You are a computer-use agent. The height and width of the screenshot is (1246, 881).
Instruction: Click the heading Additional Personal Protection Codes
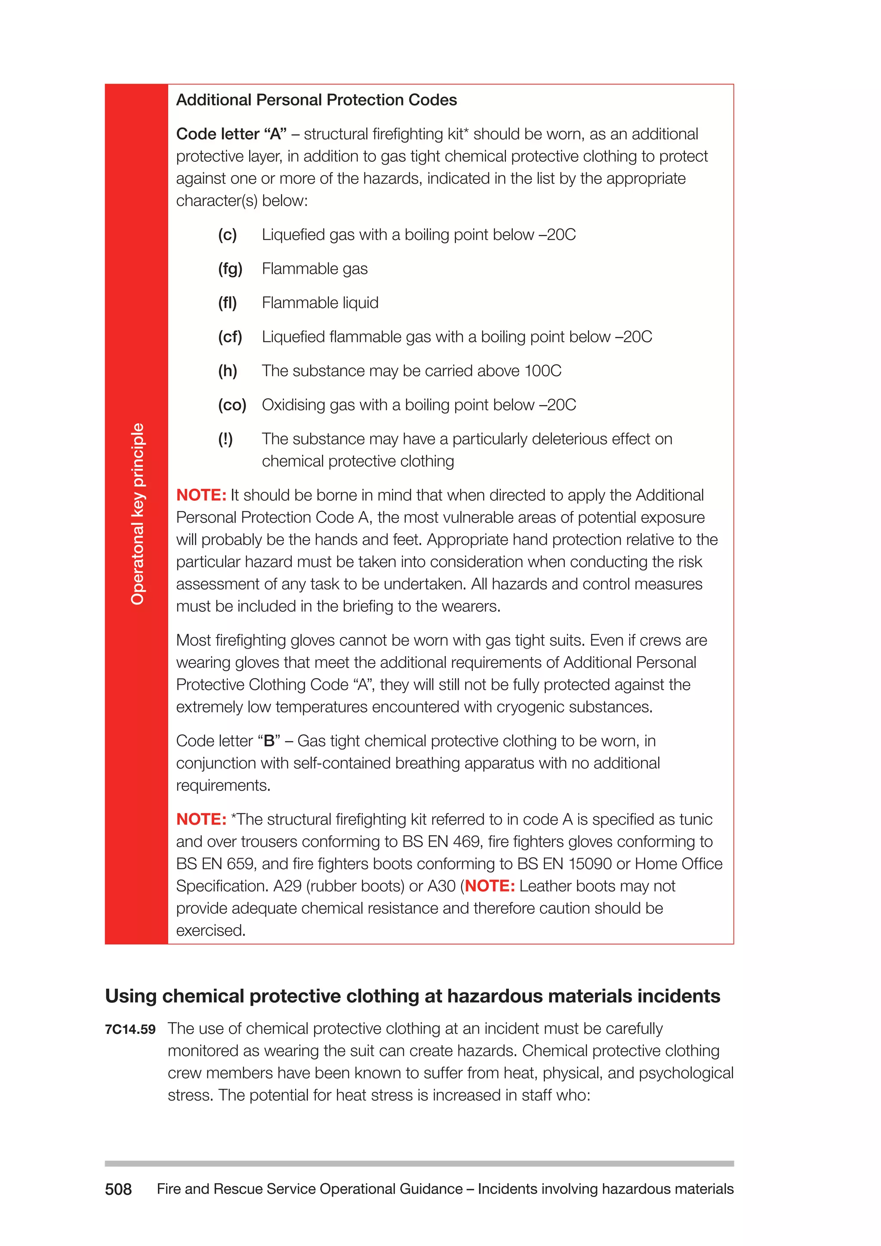click(316, 100)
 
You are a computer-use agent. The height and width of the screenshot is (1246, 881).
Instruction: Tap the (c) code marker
click(227, 235)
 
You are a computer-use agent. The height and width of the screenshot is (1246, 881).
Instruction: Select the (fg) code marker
click(230, 269)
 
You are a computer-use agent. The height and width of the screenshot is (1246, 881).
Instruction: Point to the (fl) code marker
click(227, 303)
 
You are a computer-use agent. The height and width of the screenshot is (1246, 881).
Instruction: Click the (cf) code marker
click(230, 337)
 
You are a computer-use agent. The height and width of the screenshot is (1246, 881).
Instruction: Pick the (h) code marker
click(227, 371)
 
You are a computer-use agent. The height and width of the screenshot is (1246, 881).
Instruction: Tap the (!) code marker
click(225, 439)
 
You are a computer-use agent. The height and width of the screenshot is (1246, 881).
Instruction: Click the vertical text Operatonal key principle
click(137, 513)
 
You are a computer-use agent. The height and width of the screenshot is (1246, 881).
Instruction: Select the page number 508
click(118, 1189)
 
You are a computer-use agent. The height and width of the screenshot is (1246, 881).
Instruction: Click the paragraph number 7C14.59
click(130, 1030)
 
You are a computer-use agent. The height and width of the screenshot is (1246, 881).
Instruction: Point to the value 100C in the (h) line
click(543, 371)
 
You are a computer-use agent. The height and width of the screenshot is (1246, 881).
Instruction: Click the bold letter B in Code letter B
click(269, 741)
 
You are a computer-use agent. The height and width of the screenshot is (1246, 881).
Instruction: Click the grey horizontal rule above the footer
click(419, 1163)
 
